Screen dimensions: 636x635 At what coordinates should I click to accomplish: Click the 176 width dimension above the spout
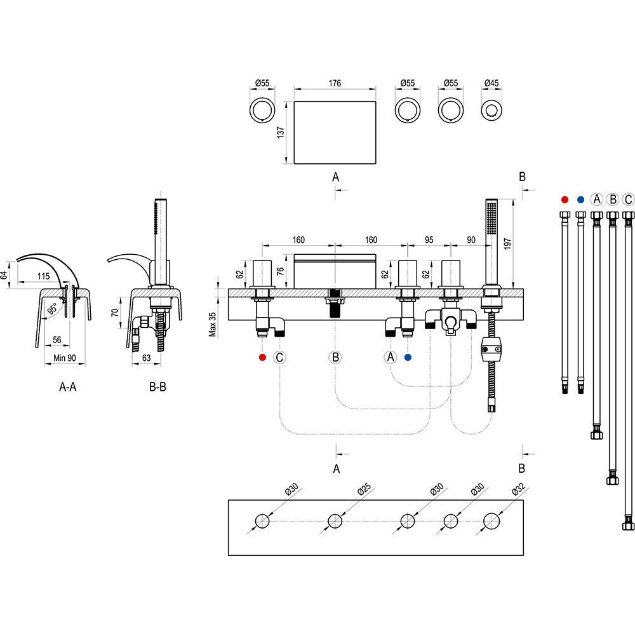[335, 83]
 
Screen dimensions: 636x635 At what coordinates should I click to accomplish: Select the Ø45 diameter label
[491, 83]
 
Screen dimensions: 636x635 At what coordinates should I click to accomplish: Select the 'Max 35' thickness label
[213, 323]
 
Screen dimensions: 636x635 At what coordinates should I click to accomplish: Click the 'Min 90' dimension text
[63, 358]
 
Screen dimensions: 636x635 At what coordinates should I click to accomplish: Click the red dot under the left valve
[262, 358]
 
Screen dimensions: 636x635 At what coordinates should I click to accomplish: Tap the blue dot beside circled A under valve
[408, 358]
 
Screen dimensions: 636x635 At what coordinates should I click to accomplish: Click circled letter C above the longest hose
[628, 199]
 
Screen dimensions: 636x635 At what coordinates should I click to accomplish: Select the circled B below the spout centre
[336, 358]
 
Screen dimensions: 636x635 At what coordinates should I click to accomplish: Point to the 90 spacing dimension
[471, 240]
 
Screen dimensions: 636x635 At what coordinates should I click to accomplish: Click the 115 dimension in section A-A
[43, 277]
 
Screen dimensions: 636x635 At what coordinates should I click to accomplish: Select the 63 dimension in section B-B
[147, 358]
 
